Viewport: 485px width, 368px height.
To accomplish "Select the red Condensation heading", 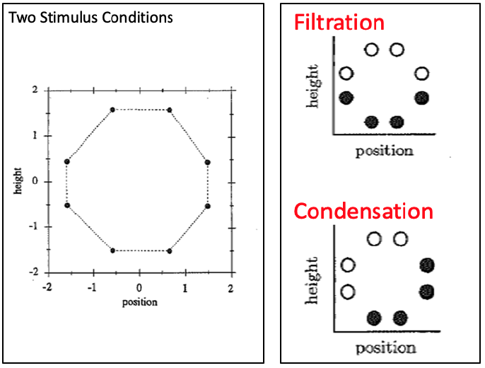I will click(x=363, y=211).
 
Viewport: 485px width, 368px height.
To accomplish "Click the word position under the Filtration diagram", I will click(x=384, y=150).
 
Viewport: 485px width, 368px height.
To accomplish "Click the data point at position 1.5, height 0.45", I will click(x=208, y=162).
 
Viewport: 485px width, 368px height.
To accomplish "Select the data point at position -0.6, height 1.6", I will click(x=112, y=110).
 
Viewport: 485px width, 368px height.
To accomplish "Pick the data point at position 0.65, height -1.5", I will click(x=170, y=251).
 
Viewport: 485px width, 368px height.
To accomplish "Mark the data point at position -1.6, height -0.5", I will click(x=67, y=205).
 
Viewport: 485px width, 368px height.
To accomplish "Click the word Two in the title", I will click(x=19, y=17).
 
